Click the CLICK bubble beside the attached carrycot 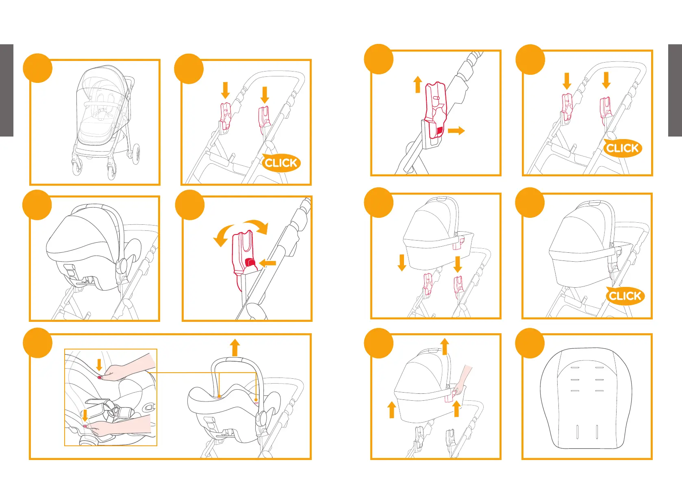(x=625, y=295)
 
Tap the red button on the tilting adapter (x=250, y=263)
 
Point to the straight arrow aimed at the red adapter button (x=267, y=263)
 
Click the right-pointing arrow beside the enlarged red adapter (x=456, y=130)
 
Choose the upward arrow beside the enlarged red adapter (x=418, y=84)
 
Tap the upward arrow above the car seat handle (x=235, y=347)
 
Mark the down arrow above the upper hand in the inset (x=99, y=365)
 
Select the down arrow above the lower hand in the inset (x=85, y=415)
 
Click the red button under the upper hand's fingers (x=100, y=378)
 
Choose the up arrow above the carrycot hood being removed (x=445, y=346)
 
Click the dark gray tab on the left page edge (x=7, y=90)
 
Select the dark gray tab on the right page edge (x=675, y=90)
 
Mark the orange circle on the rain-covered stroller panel (x=37, y=68)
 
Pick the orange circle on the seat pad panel (x=530, y=343)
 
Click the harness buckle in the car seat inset (x=115, y=410)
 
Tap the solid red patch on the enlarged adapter (x=439, y=131)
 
